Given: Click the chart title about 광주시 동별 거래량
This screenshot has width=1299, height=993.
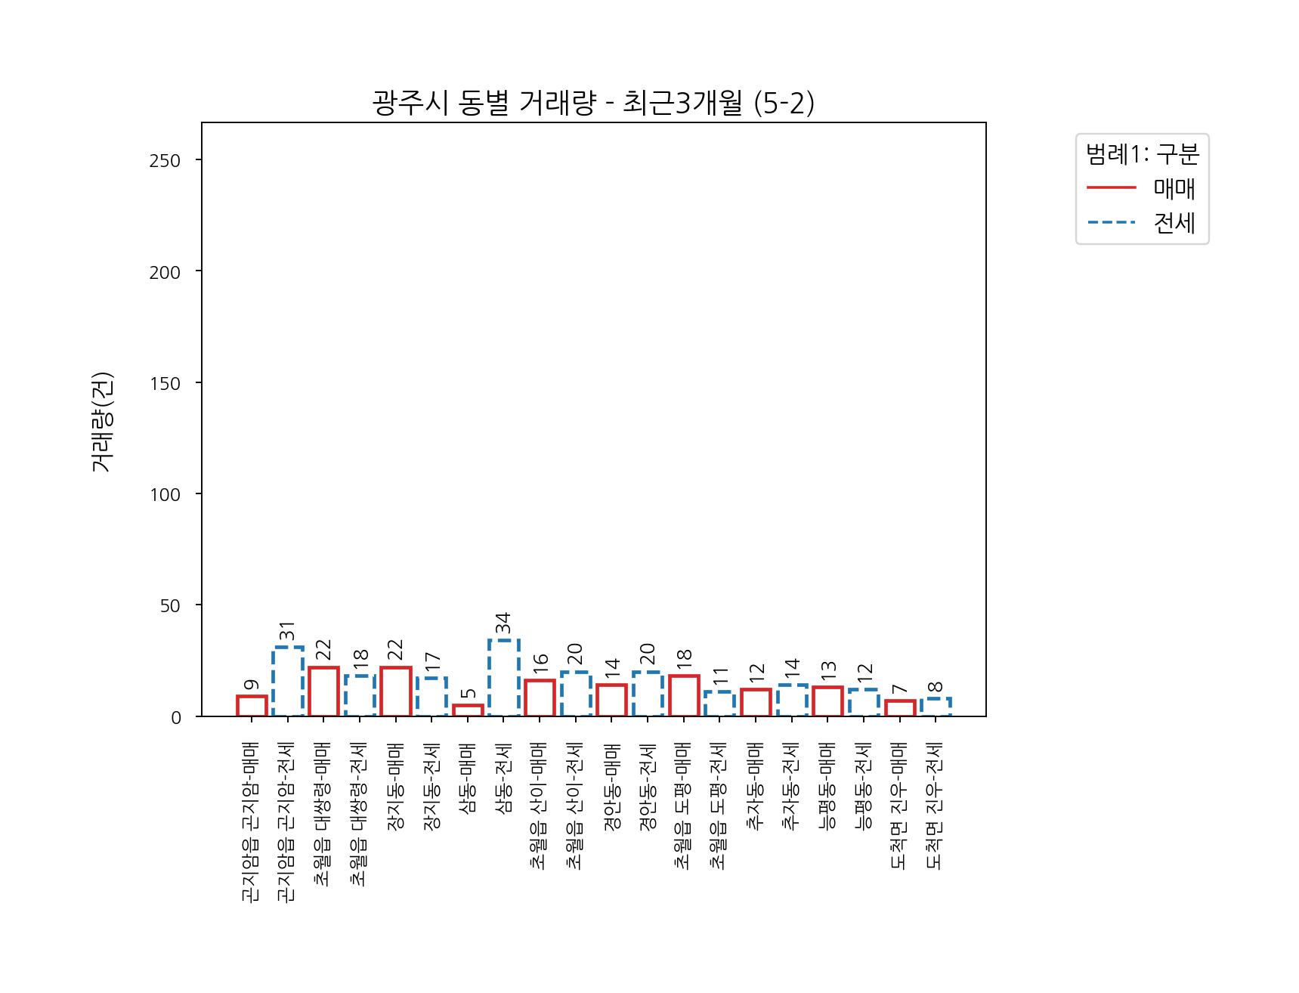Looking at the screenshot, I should coord(593,103).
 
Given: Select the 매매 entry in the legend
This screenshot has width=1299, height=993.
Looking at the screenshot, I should coord(1174,188).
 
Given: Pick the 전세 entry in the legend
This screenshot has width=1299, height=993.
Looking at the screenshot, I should coord(1174,223).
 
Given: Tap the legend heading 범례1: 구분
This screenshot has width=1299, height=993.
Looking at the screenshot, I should coord(1142,154).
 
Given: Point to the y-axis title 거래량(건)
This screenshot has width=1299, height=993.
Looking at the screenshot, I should coord(102,422).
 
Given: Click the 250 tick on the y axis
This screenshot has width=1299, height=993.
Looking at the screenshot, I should coord(165,161).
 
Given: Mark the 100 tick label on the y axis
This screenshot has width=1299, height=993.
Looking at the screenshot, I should coord(165,495).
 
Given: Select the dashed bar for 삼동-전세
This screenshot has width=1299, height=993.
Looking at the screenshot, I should coord(503,678).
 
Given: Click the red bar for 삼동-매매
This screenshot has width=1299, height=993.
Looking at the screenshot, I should coord(468,710).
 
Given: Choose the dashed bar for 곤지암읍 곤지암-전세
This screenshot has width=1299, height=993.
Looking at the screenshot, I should coord(288,682).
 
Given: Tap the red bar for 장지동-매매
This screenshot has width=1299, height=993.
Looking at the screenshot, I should coord(396,691).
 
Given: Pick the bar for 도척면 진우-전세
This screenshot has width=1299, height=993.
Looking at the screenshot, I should coord(936,707).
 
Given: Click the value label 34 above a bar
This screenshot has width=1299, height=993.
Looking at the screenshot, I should coord(503,623).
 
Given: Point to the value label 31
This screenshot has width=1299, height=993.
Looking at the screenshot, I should coord(288,630).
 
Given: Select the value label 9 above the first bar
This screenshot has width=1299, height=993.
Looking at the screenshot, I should coord(252,685).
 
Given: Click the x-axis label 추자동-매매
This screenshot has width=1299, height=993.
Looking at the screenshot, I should coord(756,788).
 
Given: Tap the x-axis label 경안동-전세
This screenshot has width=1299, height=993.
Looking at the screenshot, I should coord(648,788).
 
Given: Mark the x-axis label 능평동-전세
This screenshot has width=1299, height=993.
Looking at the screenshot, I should coord(864,788).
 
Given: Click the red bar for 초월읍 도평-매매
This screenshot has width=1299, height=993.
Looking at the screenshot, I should coord(684,696).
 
